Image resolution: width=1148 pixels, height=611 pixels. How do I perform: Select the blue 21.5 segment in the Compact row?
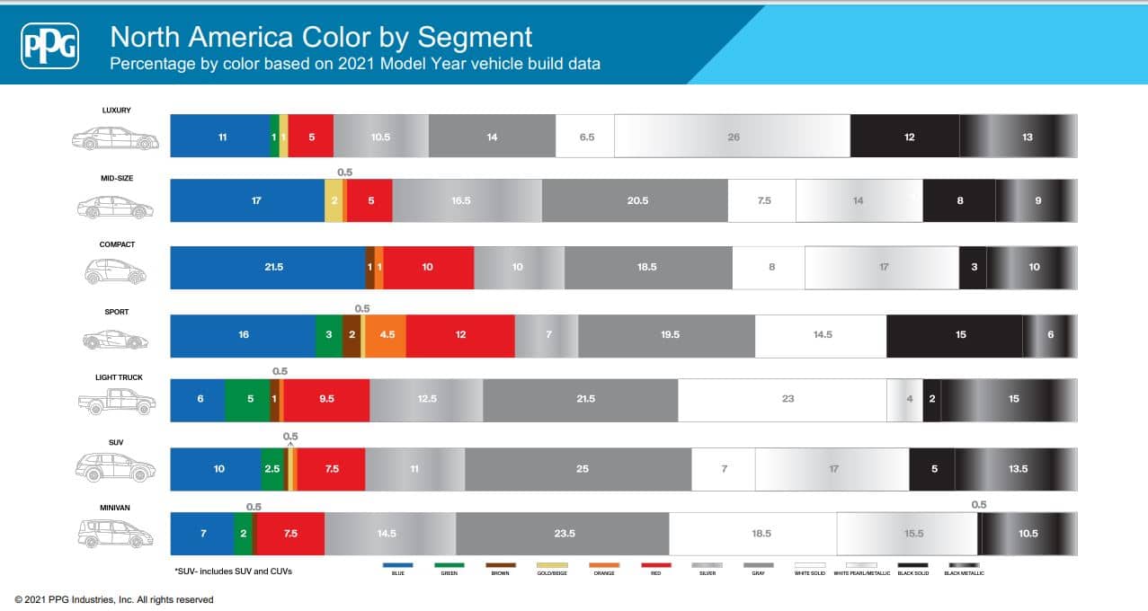click(268, 267)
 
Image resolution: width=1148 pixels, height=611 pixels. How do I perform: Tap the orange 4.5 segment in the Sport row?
click(386, 334)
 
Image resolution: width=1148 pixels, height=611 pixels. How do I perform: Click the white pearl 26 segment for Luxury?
click(733, 137)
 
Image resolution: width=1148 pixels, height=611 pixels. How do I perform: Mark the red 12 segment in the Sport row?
click(460, 334)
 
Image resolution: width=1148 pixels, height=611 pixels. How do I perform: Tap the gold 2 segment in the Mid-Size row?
click(334, 201)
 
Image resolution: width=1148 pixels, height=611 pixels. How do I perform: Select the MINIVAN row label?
click(115, 508)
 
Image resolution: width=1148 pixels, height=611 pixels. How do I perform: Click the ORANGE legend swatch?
click(604, 565)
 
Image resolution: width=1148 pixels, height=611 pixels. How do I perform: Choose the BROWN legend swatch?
click(501, 565)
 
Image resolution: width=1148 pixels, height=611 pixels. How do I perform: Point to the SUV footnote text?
click(234, 571)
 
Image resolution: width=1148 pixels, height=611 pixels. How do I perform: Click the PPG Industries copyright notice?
click(114, 599)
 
